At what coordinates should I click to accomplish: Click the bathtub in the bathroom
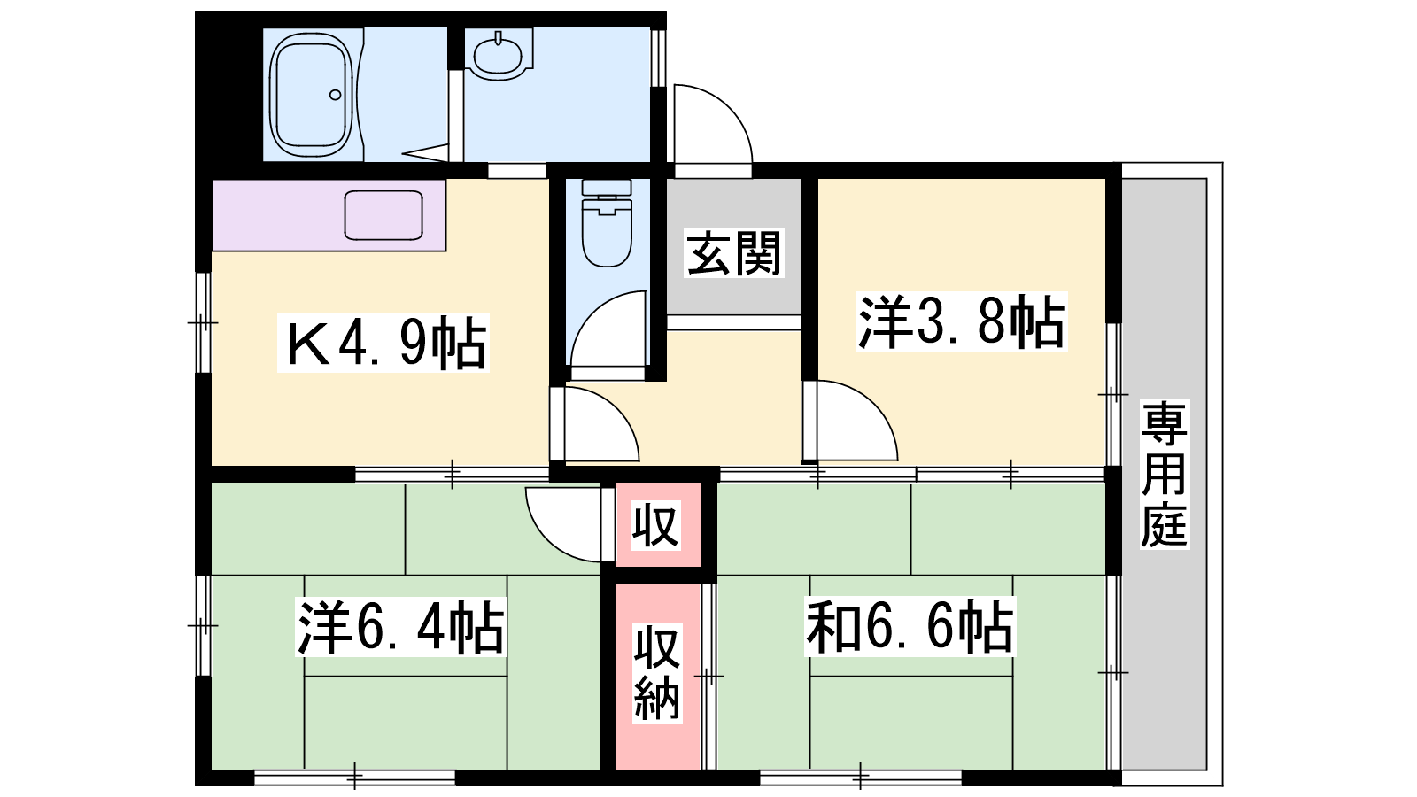pos(311,95)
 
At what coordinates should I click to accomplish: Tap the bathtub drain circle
pos(336,95)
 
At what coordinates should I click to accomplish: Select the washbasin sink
pos(499,56)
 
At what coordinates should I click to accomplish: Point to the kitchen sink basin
pos(383,215)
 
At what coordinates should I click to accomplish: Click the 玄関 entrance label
pos(734,253)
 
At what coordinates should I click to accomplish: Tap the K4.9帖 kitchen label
pos(383,343)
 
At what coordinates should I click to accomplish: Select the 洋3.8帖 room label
pos(962,321)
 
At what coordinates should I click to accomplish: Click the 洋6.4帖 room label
pos(401,628)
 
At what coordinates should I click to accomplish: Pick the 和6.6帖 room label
pos(910,626)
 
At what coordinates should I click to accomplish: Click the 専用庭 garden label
pos(1165,474)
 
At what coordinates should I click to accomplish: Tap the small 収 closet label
pos(656,525)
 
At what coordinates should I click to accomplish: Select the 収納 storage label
pos(657,673)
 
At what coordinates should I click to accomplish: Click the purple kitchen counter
pos(329,215)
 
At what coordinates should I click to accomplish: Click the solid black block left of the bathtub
pos(229,94)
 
